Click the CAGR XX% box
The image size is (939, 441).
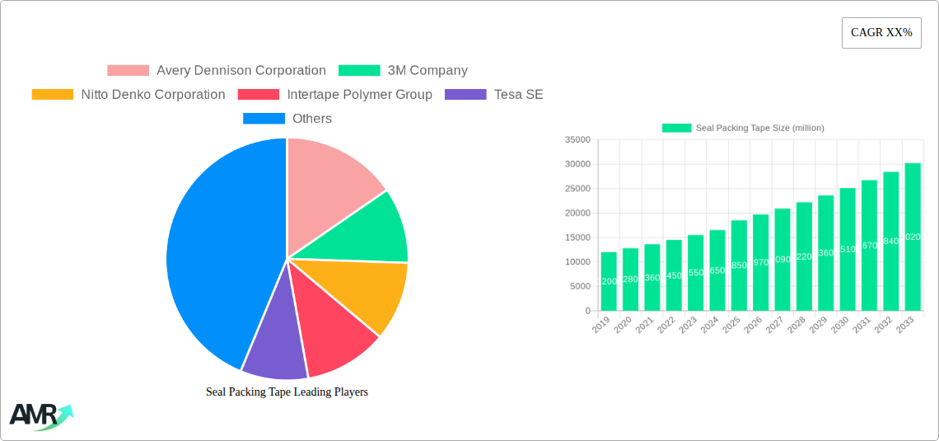point(881,33)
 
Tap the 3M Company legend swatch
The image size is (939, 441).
point(359,71)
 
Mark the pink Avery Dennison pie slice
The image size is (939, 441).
point(329,177)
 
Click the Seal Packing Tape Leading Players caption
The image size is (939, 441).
point(287,392)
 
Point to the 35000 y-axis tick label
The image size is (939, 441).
point(577,140)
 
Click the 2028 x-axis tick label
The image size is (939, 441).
point(796,324)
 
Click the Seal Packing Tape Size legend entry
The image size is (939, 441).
point(743,128)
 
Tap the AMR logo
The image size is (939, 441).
point(40,416)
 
